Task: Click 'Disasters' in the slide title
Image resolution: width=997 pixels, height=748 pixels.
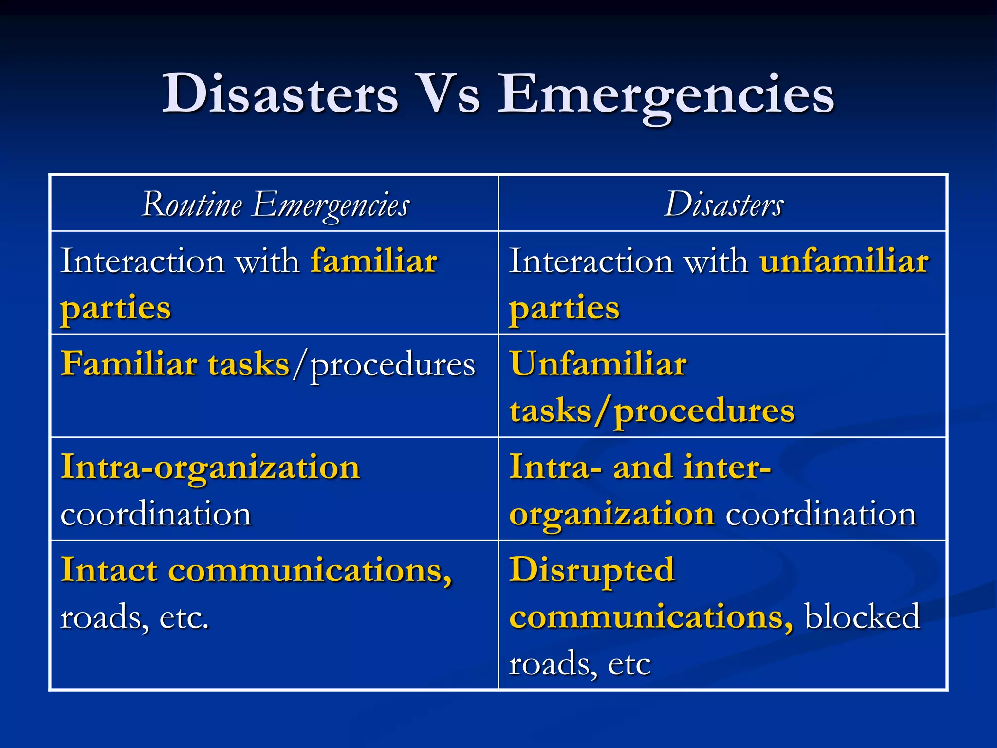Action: click(280, 93)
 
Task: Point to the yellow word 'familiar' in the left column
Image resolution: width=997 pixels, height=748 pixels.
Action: click(374, 261)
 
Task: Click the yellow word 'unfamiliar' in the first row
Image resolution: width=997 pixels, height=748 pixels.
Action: click(844, 261)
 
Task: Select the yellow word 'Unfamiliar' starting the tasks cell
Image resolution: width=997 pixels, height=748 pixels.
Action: click(598, 364)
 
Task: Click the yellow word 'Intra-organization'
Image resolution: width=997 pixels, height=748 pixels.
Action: click(210, 467)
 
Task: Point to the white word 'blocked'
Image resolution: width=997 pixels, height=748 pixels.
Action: click(862, 617)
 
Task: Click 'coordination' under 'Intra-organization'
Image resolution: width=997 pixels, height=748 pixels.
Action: click(156, 514)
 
